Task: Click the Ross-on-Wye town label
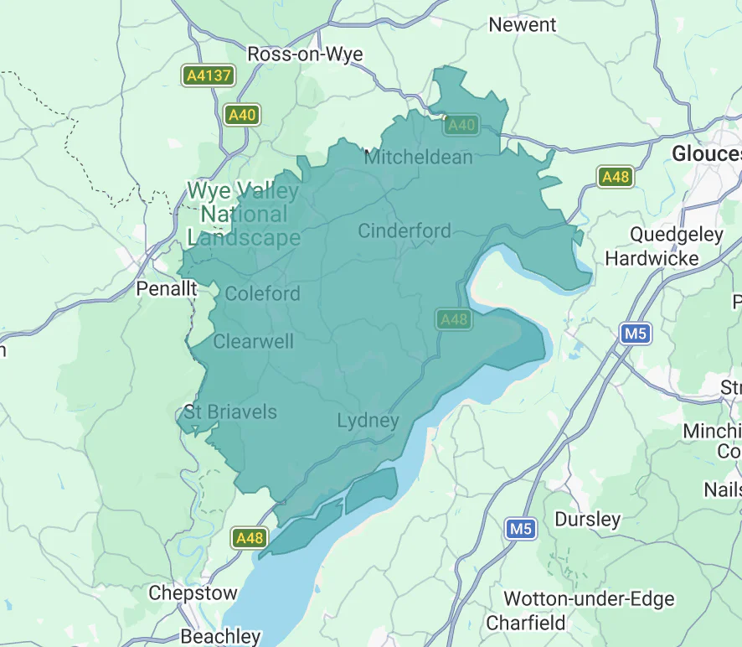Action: click(305, 54)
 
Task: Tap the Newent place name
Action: click(522, 24)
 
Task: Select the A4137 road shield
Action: click(208, 76)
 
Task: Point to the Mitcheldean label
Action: click(418, 157)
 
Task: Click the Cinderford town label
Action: click(404, 230)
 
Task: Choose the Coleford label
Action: click(262, 293)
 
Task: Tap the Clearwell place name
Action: click(253, 341)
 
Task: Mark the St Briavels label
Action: click(230, 412)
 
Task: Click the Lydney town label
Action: click(368, 420)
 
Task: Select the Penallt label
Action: click(167, 289)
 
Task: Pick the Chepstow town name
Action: click(193, 593)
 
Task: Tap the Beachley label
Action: click(221, 636)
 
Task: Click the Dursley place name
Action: click(588, 520)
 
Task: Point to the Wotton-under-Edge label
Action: click(589, 598)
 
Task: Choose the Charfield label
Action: click(526, 623)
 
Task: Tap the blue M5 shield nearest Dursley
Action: click(520, 529)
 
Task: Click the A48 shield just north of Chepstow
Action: click(250, 538)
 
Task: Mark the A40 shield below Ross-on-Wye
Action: click(242, 115)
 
